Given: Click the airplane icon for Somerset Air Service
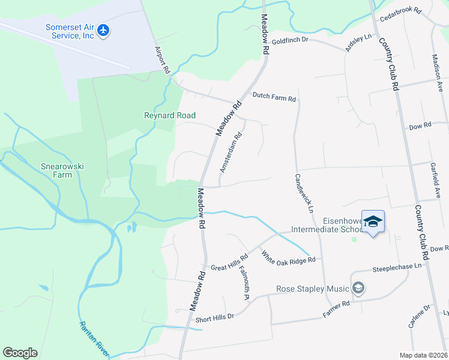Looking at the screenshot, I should coord(104,29).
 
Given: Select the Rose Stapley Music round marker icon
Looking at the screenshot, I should coord(359,289).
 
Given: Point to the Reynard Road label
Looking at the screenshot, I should coord(170,115).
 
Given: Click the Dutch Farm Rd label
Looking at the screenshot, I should coord(274,95).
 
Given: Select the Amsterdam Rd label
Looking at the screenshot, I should coord(231,153).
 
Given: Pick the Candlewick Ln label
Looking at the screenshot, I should coord(304,194).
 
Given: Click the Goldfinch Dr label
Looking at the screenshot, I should coord(289,40).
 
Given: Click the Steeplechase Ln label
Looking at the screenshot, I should coord(397,268).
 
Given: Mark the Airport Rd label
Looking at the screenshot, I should coord(163,59).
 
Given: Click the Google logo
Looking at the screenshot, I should coord(20,353).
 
